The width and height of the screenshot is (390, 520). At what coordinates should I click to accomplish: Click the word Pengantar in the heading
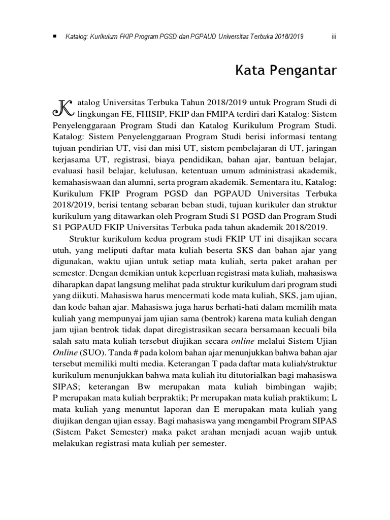pos(305,71)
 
